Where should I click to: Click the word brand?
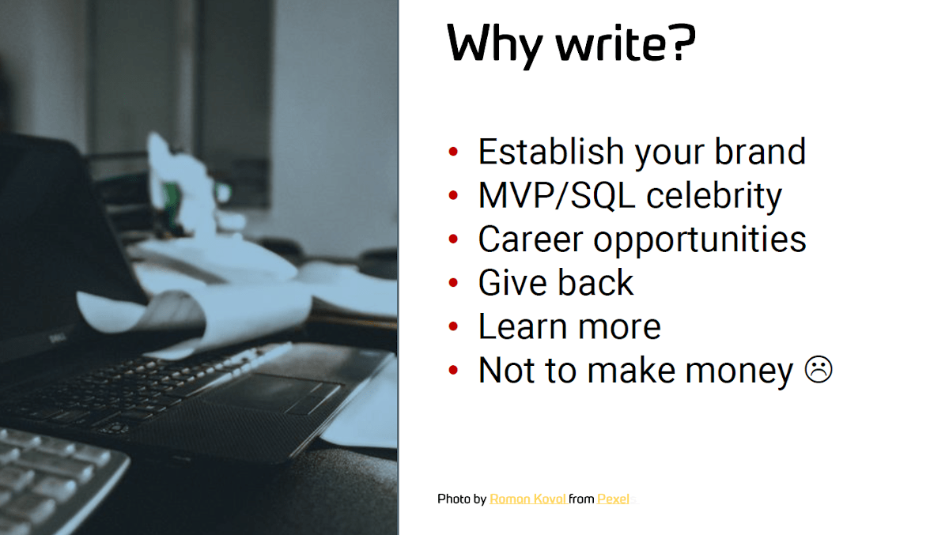(761, 152)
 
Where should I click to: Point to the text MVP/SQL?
(557, 195)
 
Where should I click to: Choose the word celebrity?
(714, 197)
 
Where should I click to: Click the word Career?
(531, 239)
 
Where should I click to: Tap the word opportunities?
(700, 240)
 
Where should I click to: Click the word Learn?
(523, 326)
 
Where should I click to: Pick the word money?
(739, 371)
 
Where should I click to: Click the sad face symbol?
(818, 370)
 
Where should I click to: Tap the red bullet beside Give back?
(453, 283)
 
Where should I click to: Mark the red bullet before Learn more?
(453, 326)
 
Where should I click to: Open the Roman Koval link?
(528, 499)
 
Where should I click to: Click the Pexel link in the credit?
(613, 499)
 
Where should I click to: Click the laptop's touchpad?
(271, 391)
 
